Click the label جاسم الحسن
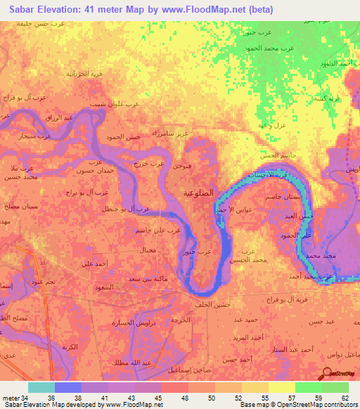274,155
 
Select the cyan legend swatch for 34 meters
41,387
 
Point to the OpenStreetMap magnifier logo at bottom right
328,373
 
